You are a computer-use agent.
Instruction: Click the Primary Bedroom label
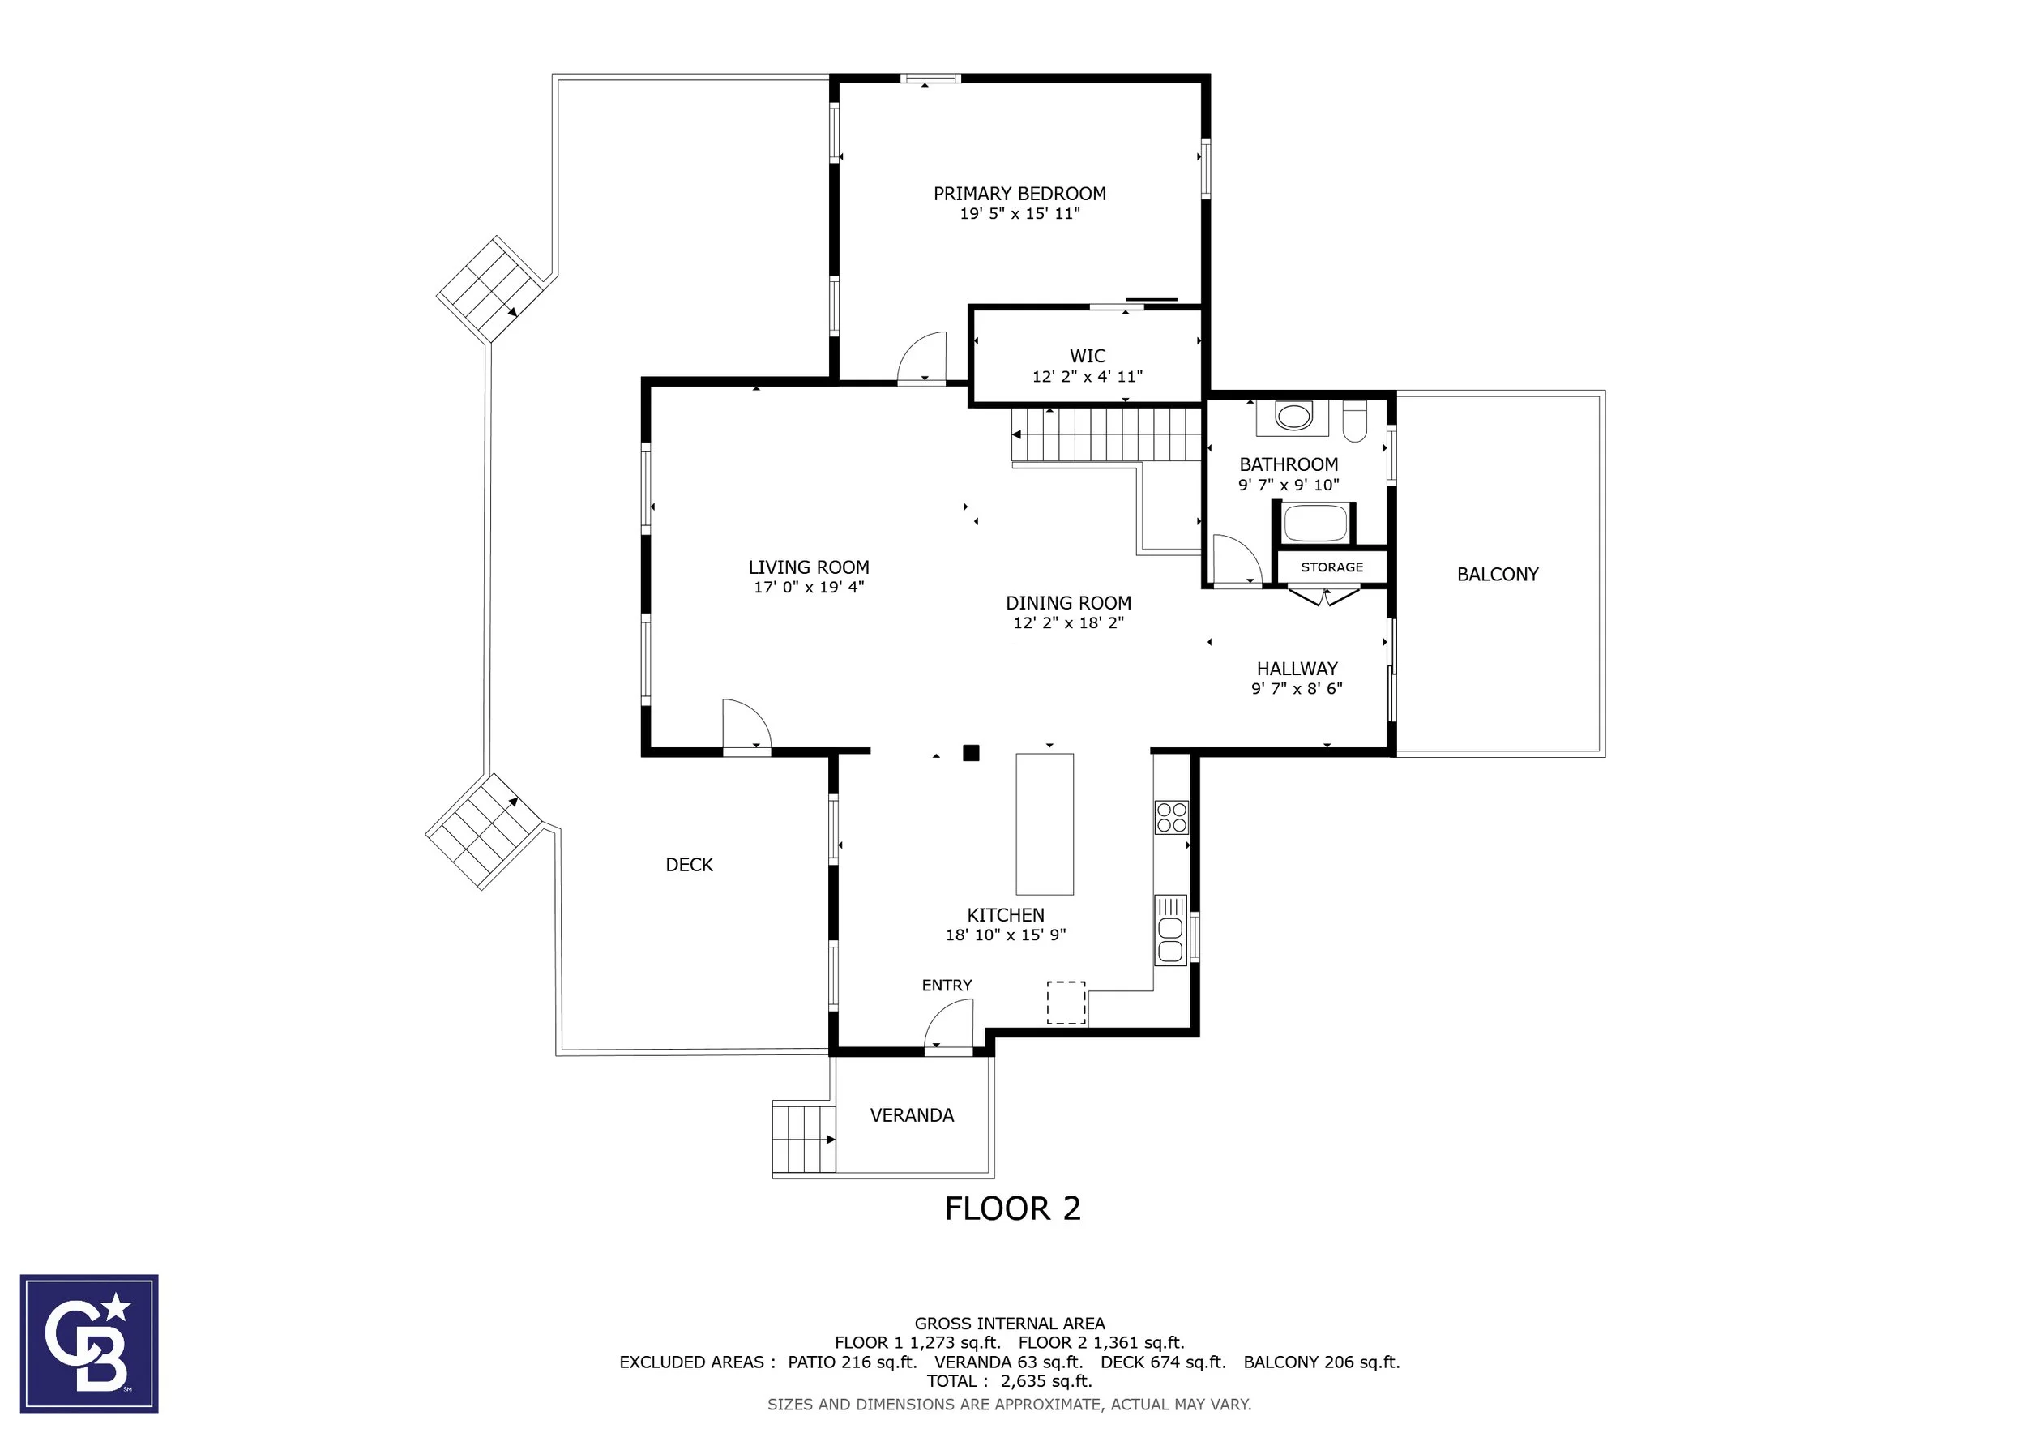click(1019, 193)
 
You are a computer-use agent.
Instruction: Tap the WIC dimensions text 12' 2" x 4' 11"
click(1087, 377)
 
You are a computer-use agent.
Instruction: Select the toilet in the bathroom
click(1354, 421)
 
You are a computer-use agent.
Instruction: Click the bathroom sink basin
click(1293, 416)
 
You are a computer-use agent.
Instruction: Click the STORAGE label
click(1331, 567)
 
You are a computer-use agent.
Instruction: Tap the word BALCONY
click(1498, 575)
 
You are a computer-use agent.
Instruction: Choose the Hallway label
click(1297, 669)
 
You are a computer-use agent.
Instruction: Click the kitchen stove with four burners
click(1172, 817)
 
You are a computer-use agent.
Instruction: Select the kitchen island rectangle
click(1045, 824)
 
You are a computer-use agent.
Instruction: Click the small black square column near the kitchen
click(971, 753)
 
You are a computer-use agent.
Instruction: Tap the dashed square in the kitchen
click(1066, 1003)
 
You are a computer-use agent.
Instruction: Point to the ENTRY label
click(947, 986)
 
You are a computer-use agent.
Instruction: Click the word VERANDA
click(912, 1115)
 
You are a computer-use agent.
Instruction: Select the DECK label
click(689, 865)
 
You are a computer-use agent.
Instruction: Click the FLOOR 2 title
click(1012, 1208)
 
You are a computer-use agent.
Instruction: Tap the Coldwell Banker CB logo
click(89, 1343)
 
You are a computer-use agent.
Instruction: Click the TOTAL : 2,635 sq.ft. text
click(1010, 1381)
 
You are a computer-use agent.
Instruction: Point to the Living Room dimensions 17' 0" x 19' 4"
click(808, 588)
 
